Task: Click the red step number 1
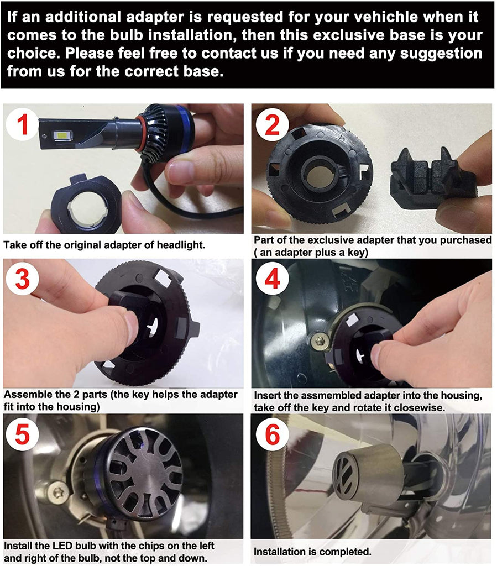(x=23, y=124)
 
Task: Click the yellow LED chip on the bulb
(x=62, y=136)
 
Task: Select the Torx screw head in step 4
(x=320, y=340)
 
